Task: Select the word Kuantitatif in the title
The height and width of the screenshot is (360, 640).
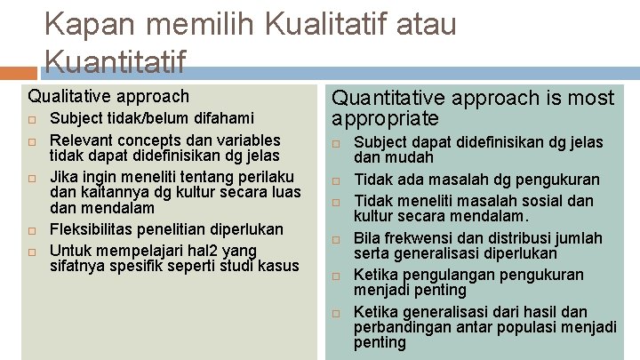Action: (115, 61)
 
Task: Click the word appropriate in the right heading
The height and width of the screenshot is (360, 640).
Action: (385, 118)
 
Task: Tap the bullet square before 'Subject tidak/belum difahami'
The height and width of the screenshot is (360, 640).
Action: (31, 119)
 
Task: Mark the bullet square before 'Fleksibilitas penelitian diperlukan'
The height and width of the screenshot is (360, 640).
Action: (31, 230)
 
